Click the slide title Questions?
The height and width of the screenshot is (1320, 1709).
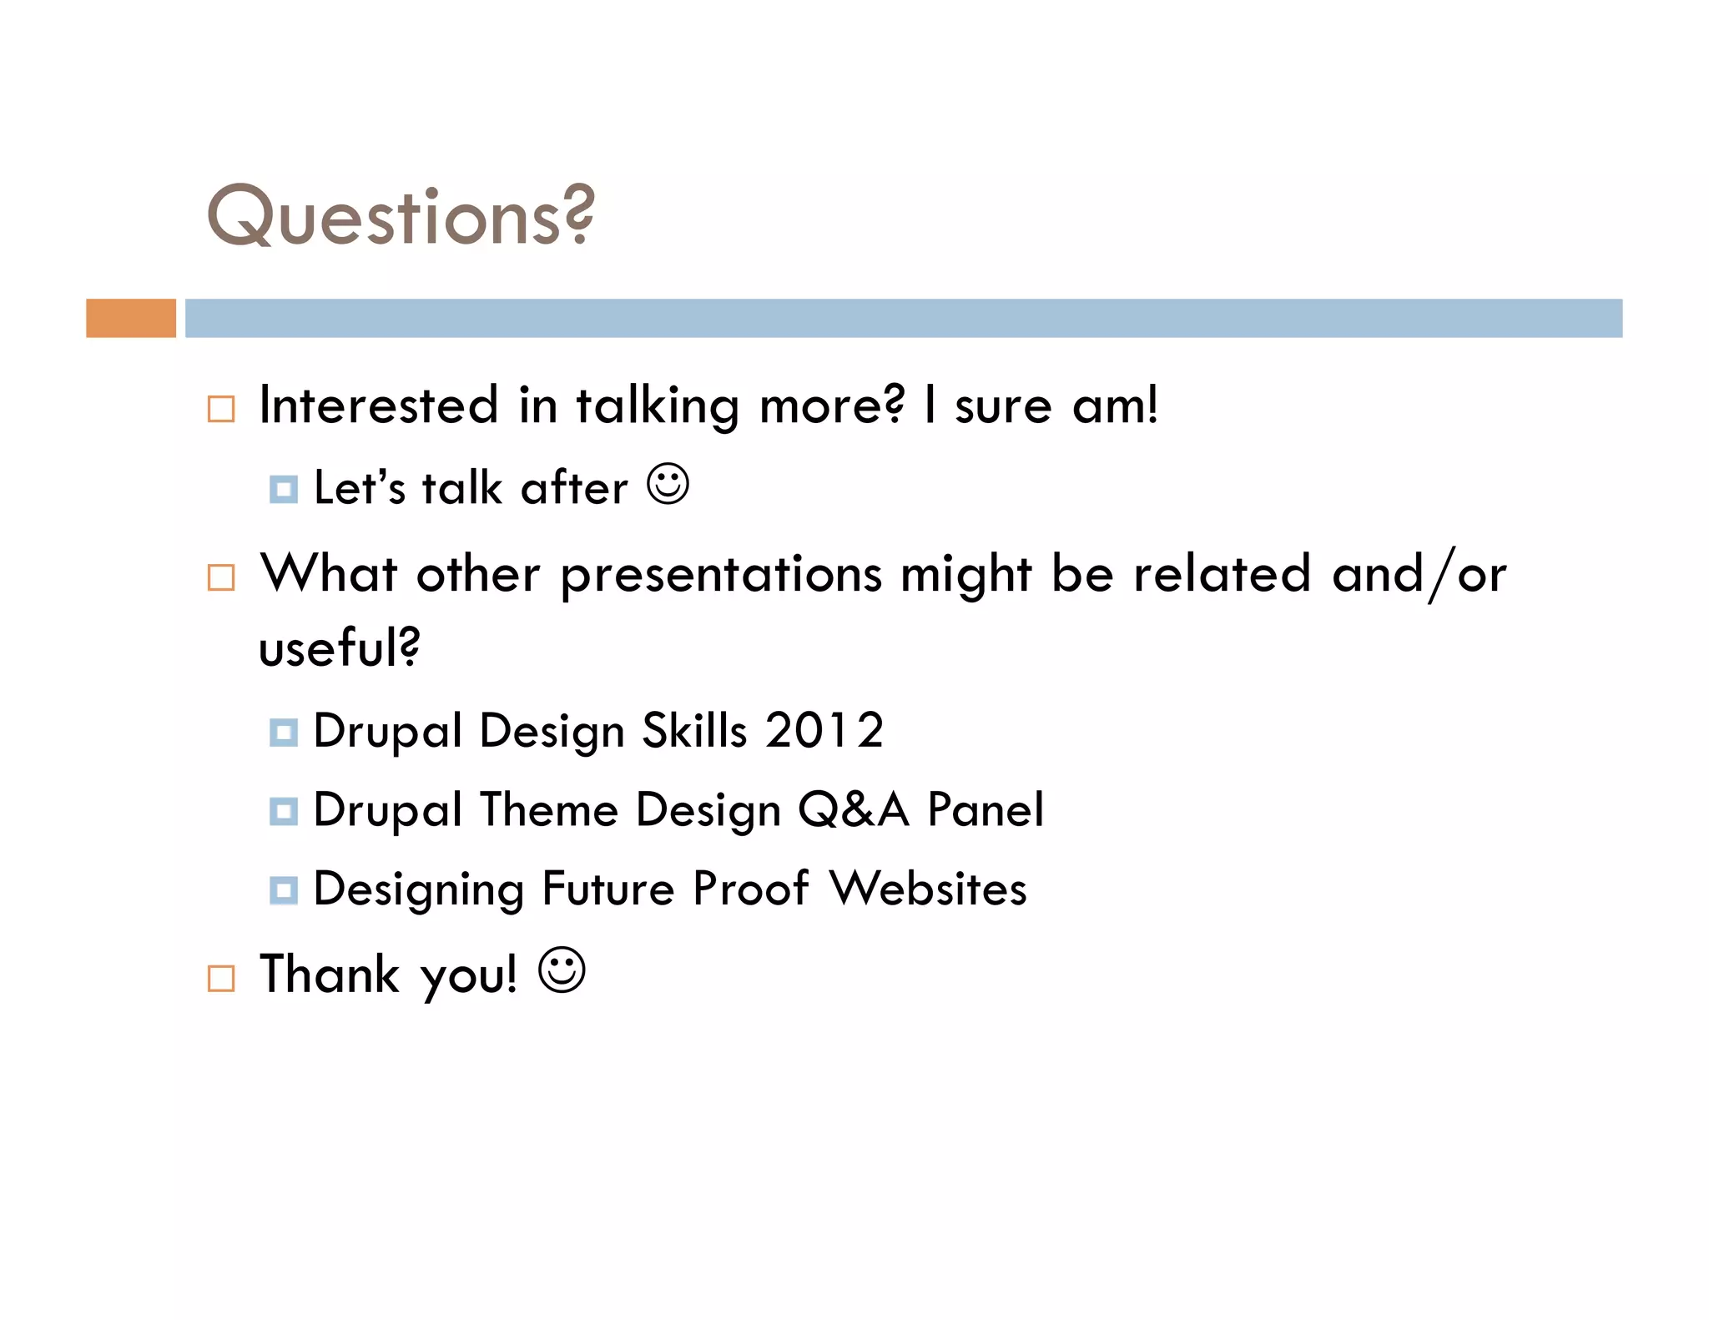tap(401, 215)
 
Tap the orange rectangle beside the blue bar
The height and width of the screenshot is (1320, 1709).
tap(131, 318)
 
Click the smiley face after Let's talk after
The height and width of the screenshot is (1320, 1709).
tap(668, 484)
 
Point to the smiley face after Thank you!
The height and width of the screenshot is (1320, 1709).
tap(562, 970)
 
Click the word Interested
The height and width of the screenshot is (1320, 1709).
tap(378, 406)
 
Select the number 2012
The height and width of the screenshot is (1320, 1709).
tap(824, 730)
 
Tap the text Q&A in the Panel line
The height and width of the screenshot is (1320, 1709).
tap(852, 809)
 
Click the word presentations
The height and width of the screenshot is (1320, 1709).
tap(721, 574)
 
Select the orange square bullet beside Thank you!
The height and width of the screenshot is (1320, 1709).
tap(221, 978)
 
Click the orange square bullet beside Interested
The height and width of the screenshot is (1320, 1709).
tap(221, 409)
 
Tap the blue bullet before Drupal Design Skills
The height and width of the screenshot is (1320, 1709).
tap(284, 733)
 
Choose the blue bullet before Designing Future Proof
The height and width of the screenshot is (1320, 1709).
tap(284, 890)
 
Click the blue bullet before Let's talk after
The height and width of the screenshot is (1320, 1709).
tap(284, 490)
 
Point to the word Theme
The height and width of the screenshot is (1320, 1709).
tap(547, 809)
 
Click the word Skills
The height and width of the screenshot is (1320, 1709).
tap(693, 730)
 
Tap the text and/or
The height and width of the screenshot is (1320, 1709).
tap(1419, 574)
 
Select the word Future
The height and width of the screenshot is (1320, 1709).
tap(607, 888)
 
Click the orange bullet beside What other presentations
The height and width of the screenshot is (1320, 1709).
tap(221, 577)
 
